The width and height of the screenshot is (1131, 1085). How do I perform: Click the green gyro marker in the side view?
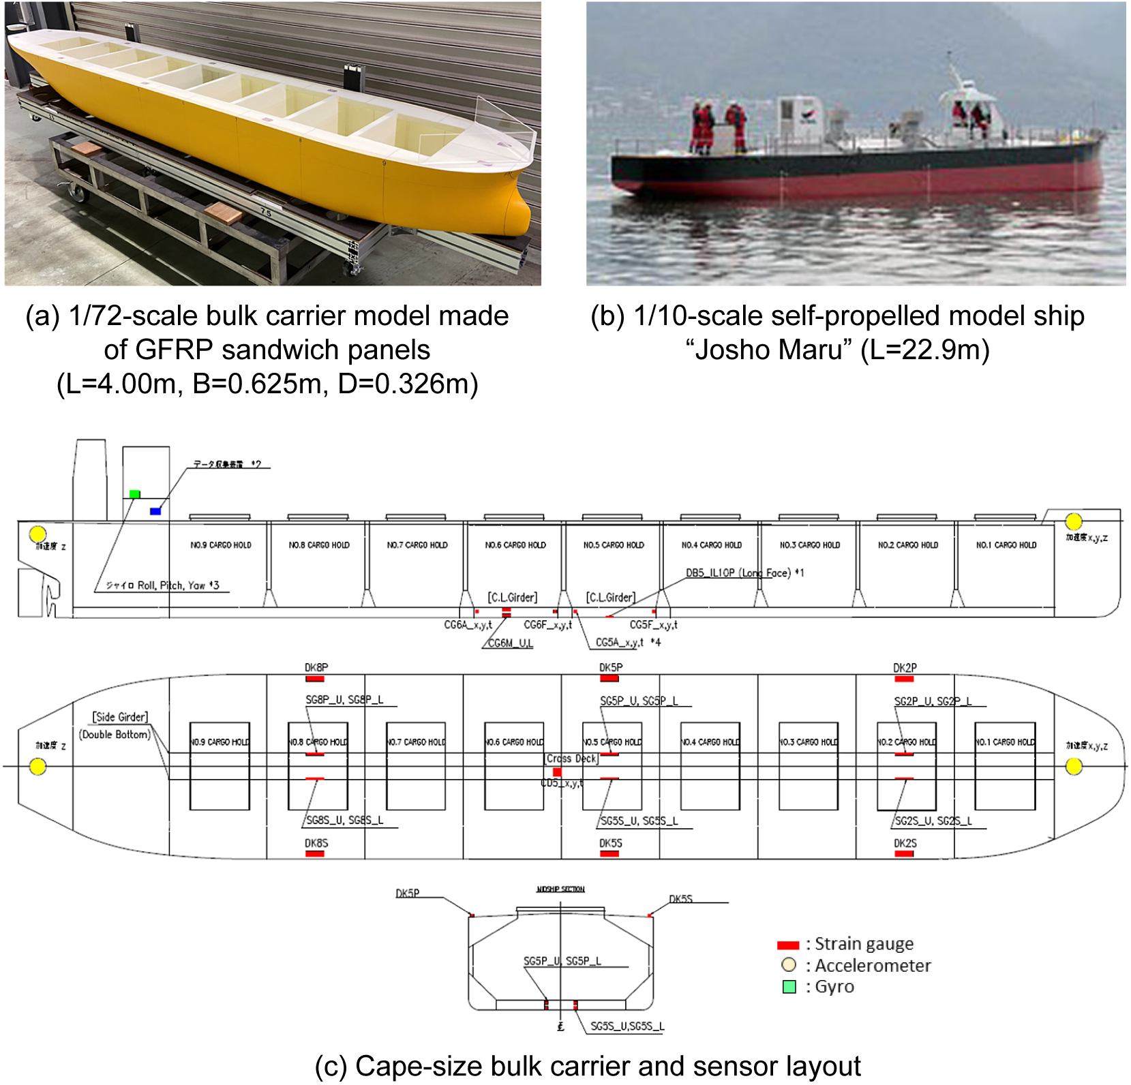click(135, 494)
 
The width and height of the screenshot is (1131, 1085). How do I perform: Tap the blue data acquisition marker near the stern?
click(155, 510)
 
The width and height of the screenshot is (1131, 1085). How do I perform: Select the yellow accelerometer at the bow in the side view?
click(1074, 521)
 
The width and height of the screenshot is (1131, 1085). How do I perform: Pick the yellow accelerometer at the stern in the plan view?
click(38, 767)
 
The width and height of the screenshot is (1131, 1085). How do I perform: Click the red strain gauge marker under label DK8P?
click(315, 679)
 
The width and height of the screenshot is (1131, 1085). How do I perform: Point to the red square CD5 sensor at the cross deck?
click(557, 772)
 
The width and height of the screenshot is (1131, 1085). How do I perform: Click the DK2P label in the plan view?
click(905, 668)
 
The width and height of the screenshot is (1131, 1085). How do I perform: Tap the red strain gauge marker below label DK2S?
click(904, 853)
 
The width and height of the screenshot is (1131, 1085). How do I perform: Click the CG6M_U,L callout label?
click(511, 643)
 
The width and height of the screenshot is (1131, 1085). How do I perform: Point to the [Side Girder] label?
click(120, 717)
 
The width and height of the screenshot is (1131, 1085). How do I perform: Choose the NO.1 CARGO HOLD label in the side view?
click(1006, 545)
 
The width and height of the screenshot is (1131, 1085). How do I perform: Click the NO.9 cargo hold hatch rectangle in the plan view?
click(220, 767)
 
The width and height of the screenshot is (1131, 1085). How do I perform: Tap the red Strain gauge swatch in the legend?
click(788, 945)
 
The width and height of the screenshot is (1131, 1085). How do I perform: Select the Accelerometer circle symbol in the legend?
click(789, 965)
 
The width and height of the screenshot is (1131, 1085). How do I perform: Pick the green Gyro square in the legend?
click(789, 987)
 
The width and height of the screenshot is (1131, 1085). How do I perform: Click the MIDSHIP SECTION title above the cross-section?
click(560, 889)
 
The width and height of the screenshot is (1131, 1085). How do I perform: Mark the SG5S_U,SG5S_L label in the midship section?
click(627, 1026)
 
